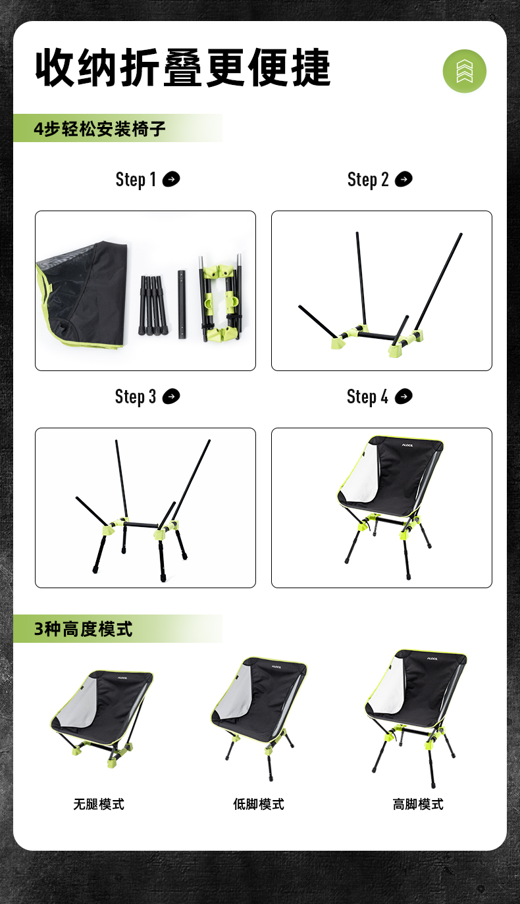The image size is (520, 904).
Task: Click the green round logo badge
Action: pos(464,71)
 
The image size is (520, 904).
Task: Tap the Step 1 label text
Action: pos(136,180)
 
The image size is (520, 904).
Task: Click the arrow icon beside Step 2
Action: pos(403,179)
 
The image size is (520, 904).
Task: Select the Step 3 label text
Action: pos(136,397)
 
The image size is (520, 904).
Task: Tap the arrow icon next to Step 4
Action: pos(403,396)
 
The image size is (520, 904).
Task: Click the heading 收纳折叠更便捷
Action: pos(183,67)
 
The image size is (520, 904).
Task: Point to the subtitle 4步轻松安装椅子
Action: pos(99,129)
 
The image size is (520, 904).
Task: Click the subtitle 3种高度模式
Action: pos(83,629)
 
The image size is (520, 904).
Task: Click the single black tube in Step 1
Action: pos(182,304)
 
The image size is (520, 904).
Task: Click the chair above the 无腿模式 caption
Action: pos(102,718)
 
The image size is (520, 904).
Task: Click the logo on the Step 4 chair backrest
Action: pos(407,445)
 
